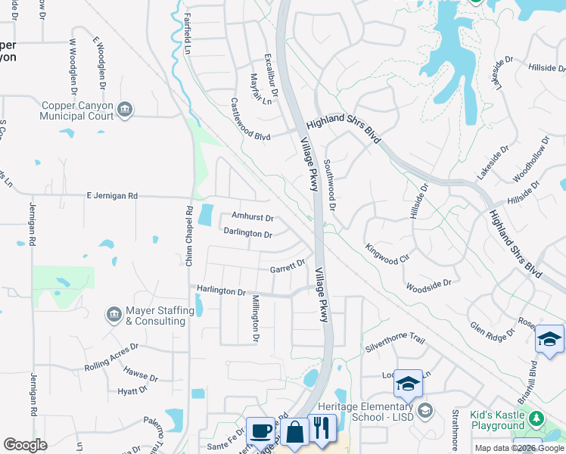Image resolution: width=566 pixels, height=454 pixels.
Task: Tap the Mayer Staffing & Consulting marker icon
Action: [x=114, y=314]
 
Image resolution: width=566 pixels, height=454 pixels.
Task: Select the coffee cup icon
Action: [x=261, y=431]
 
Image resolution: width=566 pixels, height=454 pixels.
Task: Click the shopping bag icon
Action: [x=294, y=432]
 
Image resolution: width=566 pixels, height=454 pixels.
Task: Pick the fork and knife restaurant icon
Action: [x=323, y=428]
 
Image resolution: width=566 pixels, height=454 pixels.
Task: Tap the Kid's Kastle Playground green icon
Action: [x=536, y=418]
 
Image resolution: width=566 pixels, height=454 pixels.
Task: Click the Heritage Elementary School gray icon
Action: [x=425, y=411]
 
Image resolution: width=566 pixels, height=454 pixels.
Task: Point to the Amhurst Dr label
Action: [x=252, y=217]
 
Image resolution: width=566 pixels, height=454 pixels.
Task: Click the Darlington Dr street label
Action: [x=248, y=235]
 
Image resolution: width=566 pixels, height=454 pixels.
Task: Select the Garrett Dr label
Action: [x=287, y=266]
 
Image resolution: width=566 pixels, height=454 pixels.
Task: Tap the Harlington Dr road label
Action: [x=222, y=291]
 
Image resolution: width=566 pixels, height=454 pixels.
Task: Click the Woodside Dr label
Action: [x=428, y=285]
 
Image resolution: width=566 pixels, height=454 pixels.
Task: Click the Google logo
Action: [x=26, y=444]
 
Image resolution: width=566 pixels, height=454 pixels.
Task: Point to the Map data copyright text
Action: [x=518, y=448]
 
